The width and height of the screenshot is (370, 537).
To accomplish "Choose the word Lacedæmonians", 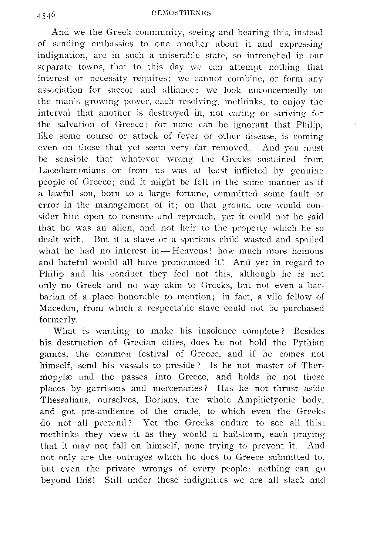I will click(70, 170).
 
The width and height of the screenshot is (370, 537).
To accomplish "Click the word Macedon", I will click(58, 308).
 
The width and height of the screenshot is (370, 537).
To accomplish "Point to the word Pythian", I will click(307, 343).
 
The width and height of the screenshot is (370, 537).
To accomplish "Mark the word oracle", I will click(197, 411).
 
